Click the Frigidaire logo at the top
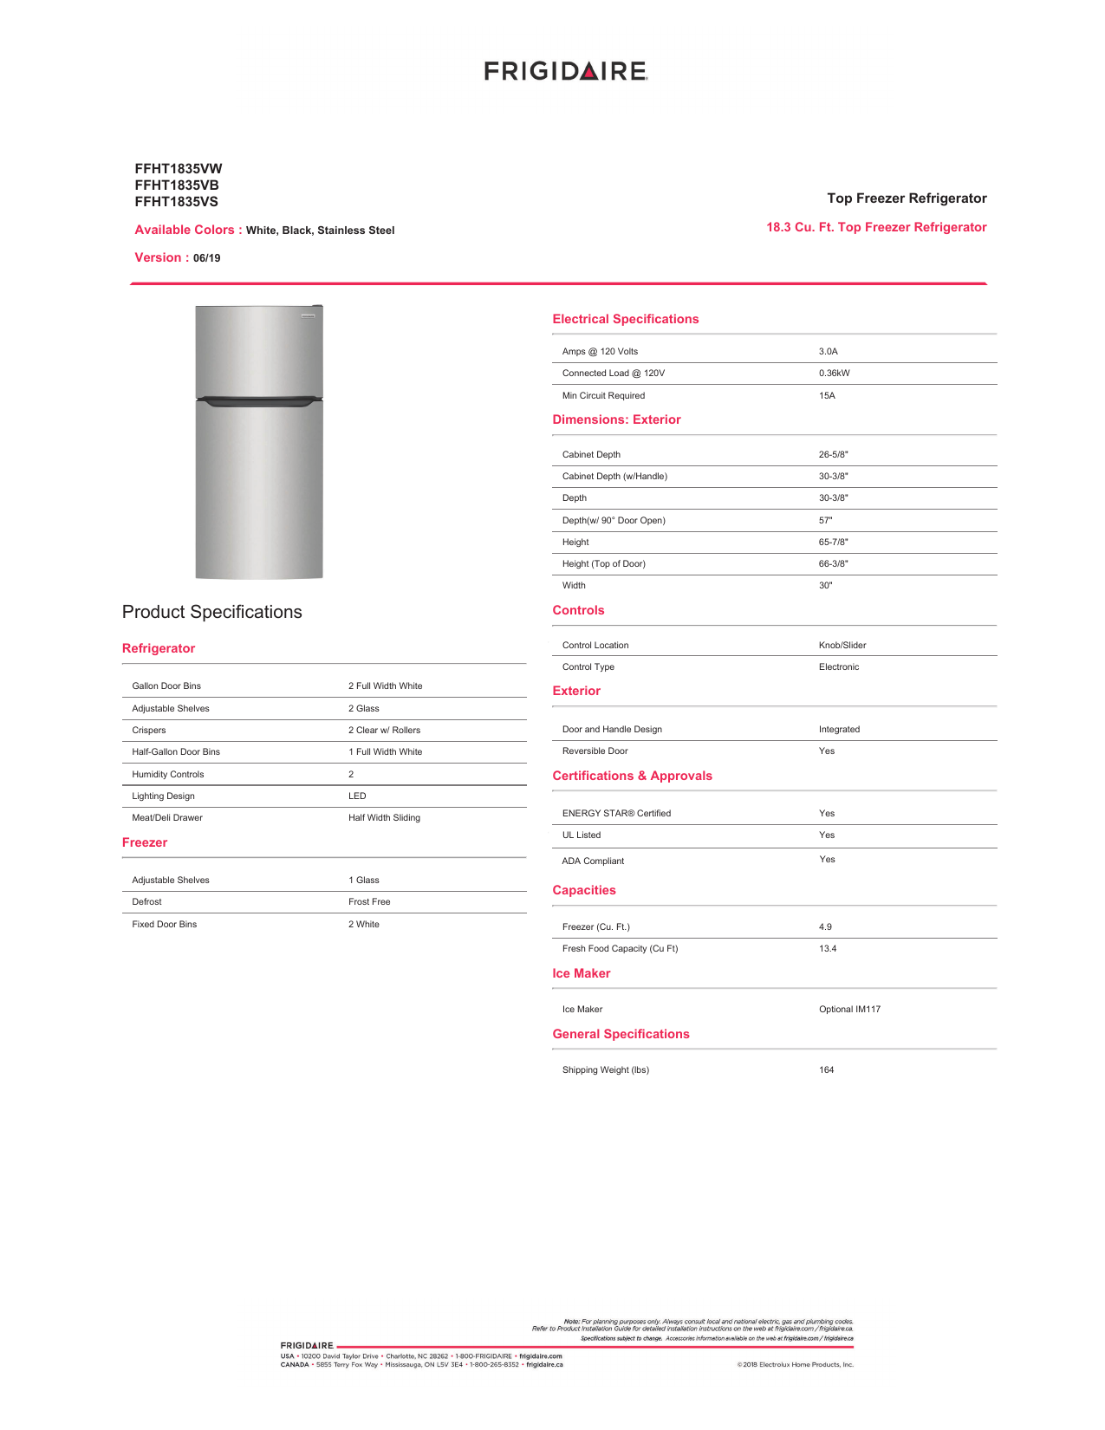click(565, 71)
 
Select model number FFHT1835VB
click(177, 185)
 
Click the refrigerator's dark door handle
click(259, 400)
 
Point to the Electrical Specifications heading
click(625, 319)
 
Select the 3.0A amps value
click(828, 352)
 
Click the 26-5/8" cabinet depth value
click(833, 454)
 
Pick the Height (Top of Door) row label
click(603, 564)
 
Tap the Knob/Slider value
click(842, 646)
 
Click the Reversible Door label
click(595, 751)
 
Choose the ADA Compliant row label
click(593, 861)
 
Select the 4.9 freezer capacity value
click(825, 927)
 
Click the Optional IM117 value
click(849, 1010)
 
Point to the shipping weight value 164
click(826, 1070)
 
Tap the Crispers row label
click(149, 731)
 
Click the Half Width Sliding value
click(384, 818)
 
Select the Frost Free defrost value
click(369, 902)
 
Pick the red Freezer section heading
click(145, 842)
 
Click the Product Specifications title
click(211, 612)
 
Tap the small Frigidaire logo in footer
click(307, 1346)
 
